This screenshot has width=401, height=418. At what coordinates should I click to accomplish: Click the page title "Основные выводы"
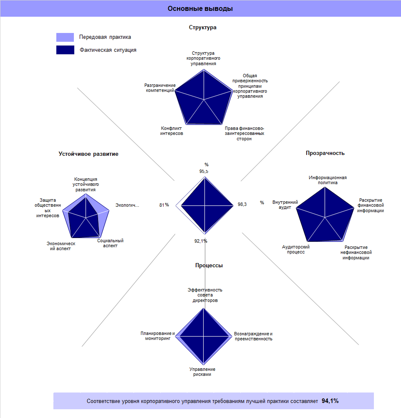pos(200,8)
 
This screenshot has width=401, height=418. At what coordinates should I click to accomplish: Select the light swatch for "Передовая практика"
pos(65,37)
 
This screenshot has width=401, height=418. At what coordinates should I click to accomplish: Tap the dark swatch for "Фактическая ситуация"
pos(65,50)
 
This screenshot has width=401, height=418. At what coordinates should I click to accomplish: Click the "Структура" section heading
pos(202,28)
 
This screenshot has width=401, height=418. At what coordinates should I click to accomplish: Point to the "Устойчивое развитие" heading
pos(88,154)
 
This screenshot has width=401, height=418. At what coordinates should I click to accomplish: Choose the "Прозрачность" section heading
pos(325,153)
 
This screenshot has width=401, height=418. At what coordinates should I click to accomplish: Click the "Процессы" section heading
pos(209,265)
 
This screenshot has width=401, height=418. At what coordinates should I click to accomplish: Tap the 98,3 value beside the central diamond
pos(242,204)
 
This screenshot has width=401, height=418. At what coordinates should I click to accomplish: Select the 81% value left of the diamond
pos(164,205)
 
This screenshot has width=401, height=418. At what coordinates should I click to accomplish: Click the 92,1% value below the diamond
pos(201,241)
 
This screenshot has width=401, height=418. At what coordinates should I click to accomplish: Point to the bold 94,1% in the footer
pos(330,401)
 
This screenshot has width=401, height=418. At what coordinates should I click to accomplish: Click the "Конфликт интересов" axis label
pos(172,131)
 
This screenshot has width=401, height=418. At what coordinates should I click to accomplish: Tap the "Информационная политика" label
pos(328,180)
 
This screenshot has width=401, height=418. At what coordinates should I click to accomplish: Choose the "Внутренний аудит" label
pos(285,205)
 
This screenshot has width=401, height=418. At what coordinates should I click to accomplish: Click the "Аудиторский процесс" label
pos(296,249)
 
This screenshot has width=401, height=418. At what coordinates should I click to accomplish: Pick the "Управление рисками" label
pos(202,372)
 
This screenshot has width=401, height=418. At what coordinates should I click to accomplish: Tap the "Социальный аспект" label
pos(110,243)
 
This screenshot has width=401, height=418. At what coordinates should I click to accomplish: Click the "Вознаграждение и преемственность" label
pos(253,336)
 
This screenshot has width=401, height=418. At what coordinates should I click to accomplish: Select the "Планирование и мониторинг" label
pos(157,336)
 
